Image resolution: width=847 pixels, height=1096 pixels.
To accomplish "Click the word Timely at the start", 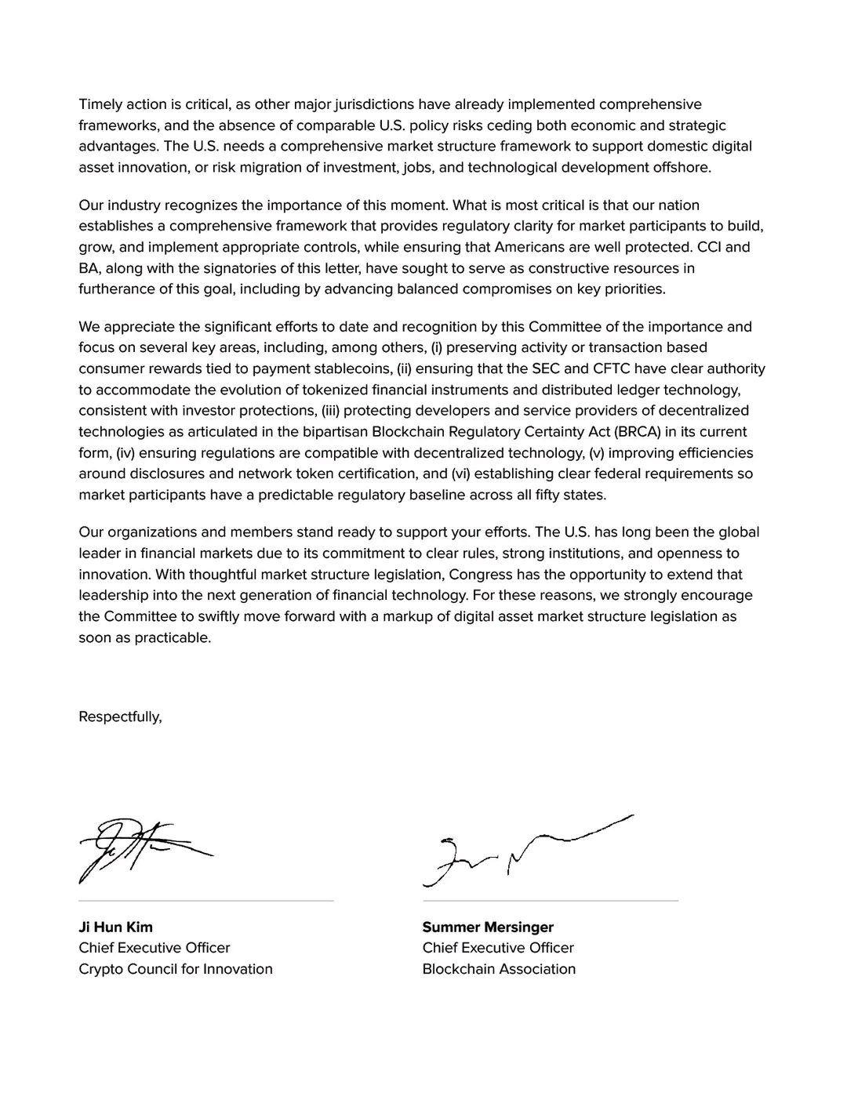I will [x=100, y=104].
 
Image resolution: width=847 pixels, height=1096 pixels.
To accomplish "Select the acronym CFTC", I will [x=650, y=368].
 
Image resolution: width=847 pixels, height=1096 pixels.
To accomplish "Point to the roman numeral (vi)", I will [x=460, y=474].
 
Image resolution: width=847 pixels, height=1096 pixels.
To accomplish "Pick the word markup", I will [x=405, y=616].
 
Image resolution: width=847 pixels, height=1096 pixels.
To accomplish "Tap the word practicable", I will [x=172, y=637].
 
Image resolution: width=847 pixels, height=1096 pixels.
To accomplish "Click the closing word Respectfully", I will [x=119, y=717].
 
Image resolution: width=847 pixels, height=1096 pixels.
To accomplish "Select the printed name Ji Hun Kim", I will [x=115, y=927].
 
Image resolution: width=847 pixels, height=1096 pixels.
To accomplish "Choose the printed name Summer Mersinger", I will [x=488, y=927].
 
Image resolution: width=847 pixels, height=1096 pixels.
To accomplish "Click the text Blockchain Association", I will [x=499, y=969].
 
